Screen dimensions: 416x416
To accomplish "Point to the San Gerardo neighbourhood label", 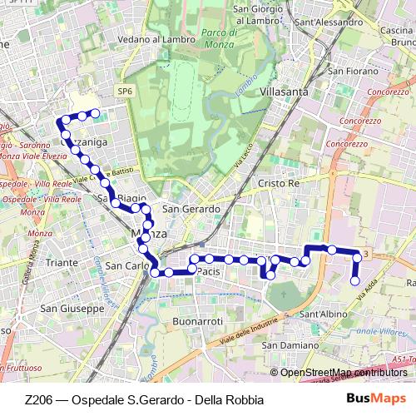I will [x=191, y=209].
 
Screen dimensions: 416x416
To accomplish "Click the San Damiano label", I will [x=290, y=344].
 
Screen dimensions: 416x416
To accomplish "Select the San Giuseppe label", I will [x=72, y=308].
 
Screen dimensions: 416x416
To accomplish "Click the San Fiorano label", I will [x=354, y=72].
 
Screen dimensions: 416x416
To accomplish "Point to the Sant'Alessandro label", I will [x=324, y=22].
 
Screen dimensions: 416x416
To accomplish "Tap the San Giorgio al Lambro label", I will [x=265, y=14].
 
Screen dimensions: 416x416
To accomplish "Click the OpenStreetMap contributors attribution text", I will [x=343, y=373].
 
